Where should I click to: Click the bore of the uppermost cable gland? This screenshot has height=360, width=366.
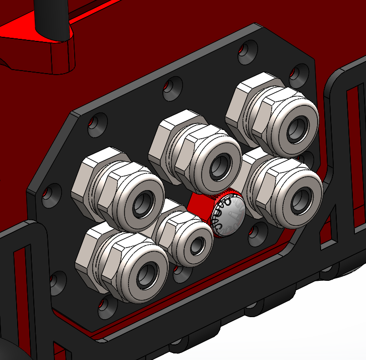click(x=297, y=129)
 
